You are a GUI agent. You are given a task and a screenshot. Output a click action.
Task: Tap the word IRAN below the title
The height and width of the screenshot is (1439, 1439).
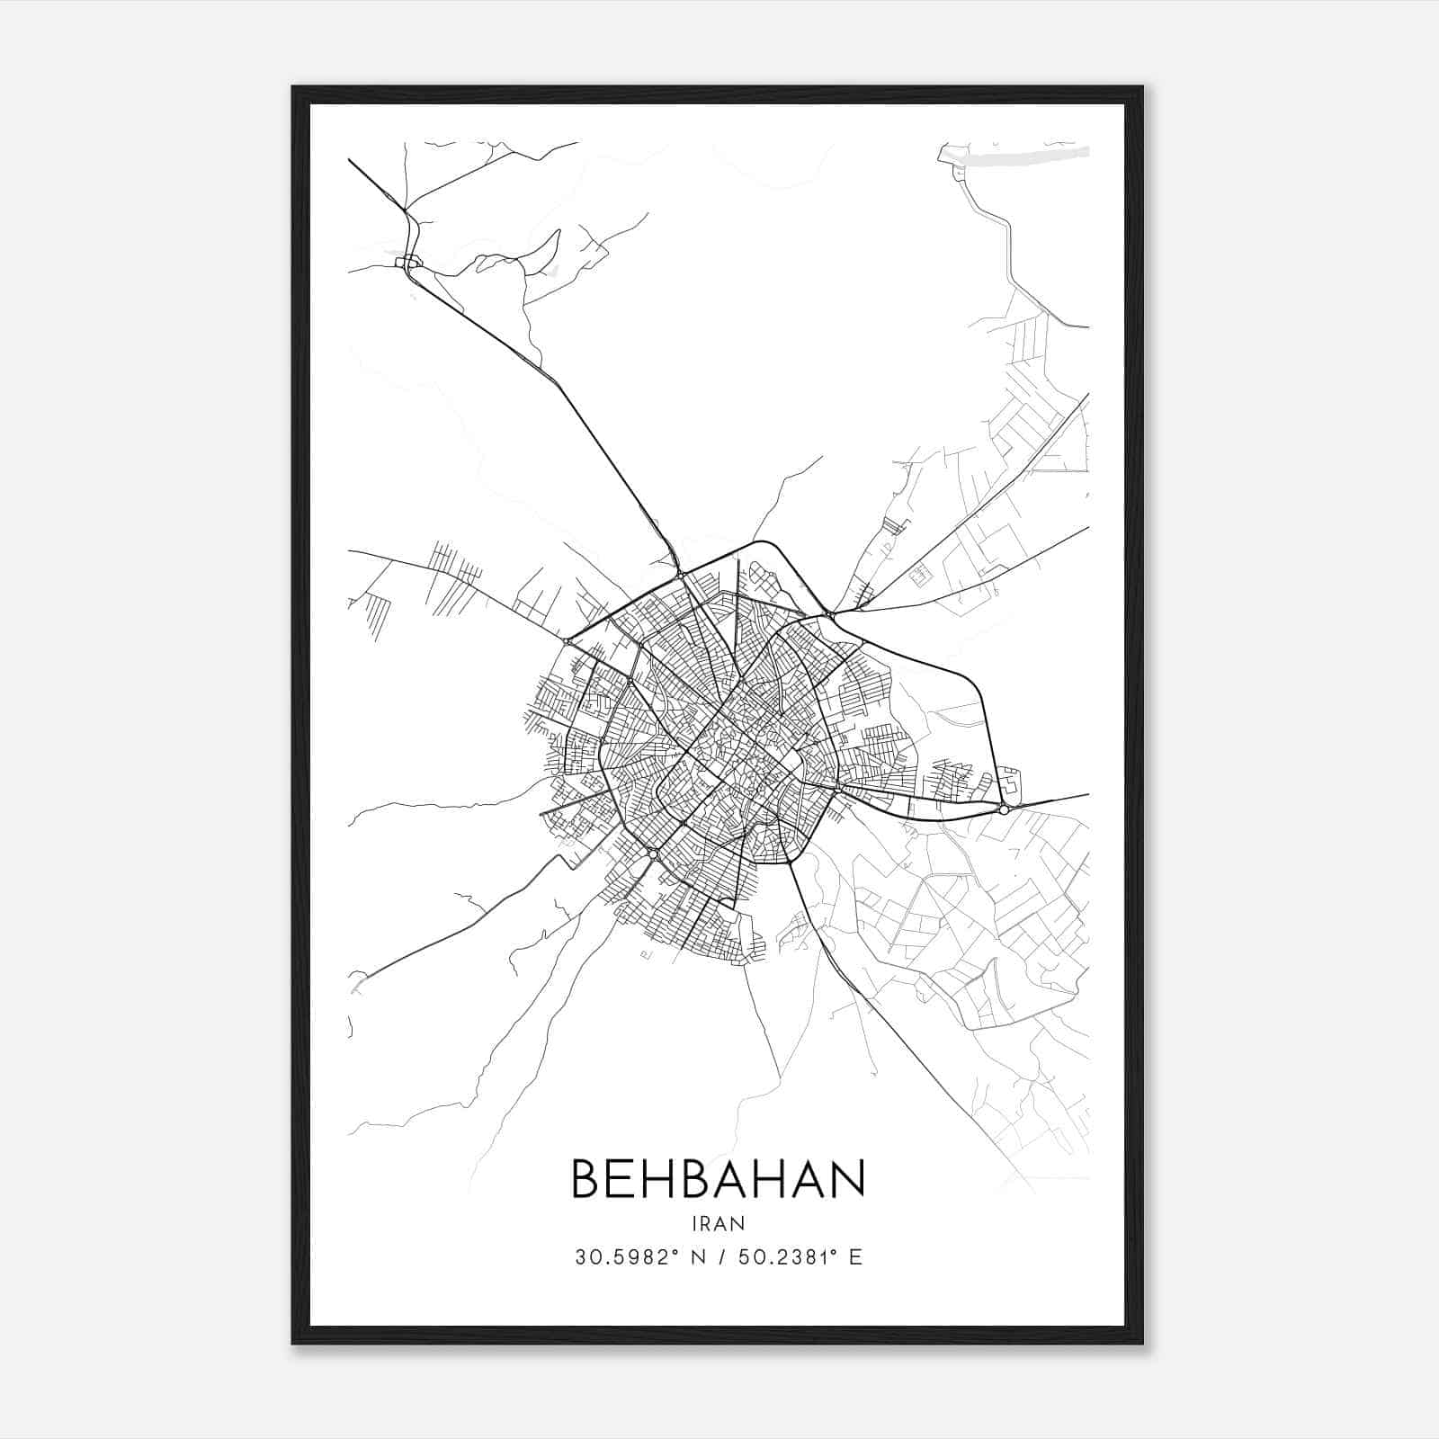click(x=718, y=1223)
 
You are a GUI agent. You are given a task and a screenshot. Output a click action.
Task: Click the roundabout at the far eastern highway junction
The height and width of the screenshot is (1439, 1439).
click(x=1004, y=809)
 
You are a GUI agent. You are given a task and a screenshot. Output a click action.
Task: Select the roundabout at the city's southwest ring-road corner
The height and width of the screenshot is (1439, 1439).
click(x=654, y=853)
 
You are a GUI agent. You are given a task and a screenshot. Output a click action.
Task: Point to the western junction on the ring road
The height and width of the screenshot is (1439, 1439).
click(x=567, y=641)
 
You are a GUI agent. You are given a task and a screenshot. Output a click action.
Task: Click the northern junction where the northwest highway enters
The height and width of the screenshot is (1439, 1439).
click(x=679, y=573)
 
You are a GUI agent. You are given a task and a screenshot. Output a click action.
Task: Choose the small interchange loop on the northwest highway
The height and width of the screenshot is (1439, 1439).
click(x=410, y=262)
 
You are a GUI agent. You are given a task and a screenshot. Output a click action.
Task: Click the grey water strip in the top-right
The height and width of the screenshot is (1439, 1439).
click(x=1034, y=155)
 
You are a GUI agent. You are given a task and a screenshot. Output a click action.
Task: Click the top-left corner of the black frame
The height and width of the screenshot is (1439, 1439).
click(x=293, y=88)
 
